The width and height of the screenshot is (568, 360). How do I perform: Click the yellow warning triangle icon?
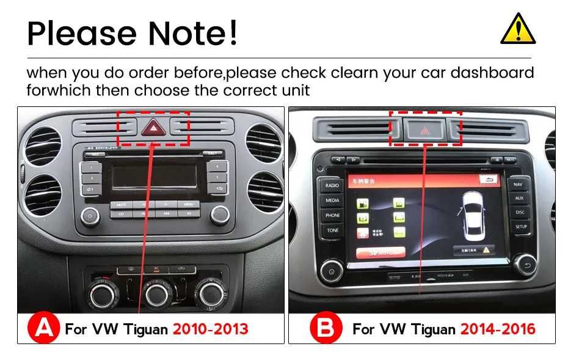click(x=518, y=30)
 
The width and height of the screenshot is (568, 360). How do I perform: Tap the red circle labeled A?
click(x=44, y=329)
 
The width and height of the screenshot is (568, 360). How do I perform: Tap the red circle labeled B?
click(x=326, y=329)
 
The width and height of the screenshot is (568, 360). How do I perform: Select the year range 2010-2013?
click(x=210, y=329)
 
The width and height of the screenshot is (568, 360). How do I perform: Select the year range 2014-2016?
click(x=498, y=329)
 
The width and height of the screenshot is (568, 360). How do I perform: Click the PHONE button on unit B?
click(x=333, y=215)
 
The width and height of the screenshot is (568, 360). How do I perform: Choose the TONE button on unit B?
click(x=333, y=230)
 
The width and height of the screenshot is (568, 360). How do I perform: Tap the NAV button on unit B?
click(x=519, y=183)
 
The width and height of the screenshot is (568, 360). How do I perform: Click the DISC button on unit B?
click(x=520, y=212)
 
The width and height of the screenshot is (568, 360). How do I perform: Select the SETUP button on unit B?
click(x=520, y=227)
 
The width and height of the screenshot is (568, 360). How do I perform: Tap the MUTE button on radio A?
click(x=121, y=204)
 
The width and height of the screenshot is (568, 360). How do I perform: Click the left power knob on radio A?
click(x=90, y=215)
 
